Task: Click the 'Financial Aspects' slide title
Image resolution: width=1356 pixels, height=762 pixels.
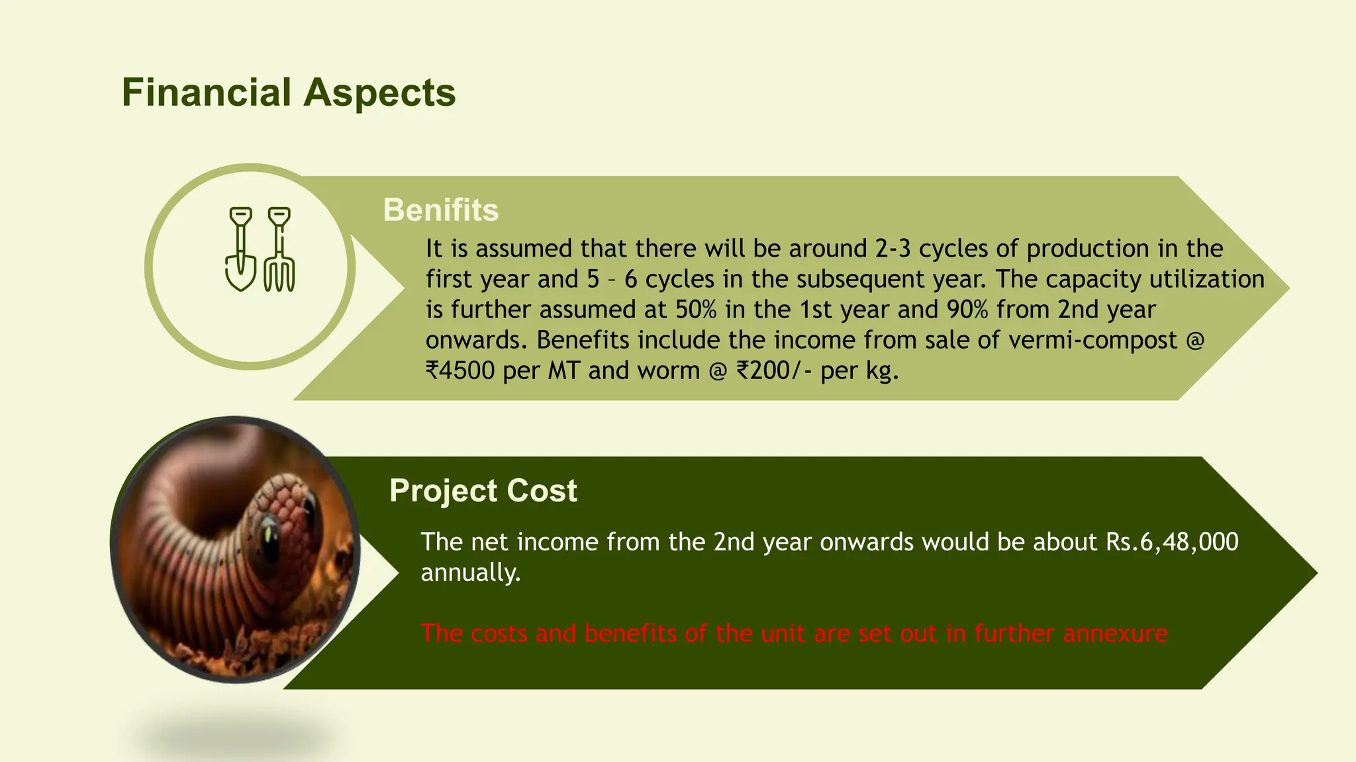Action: (x=289, y=93)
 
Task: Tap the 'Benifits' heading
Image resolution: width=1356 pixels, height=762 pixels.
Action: (x=440, y=210)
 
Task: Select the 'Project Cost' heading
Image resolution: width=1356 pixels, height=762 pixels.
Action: (x=483, y=491)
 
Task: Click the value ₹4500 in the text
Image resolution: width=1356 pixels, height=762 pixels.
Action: (x=460, y=370)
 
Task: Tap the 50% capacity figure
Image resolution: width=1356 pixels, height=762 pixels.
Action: (x=696, y=310)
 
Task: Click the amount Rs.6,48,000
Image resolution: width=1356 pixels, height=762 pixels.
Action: (x=1172, y=542)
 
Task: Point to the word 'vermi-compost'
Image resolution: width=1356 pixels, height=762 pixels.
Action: (x=1092, y=340)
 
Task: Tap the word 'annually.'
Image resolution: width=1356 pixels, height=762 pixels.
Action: (x=471, y=572)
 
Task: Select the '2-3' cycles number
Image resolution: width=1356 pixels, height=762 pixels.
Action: (x=893, y=249)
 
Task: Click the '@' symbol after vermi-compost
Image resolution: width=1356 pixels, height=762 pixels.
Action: (x=1194, y=340)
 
